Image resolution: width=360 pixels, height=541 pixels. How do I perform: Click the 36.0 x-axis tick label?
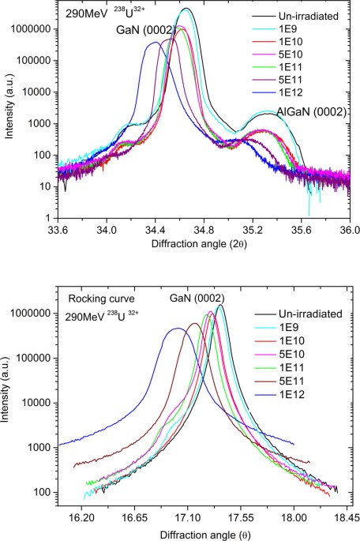[x=350, y=231]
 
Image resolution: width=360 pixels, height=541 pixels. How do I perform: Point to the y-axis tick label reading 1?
[x=48, y=217]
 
